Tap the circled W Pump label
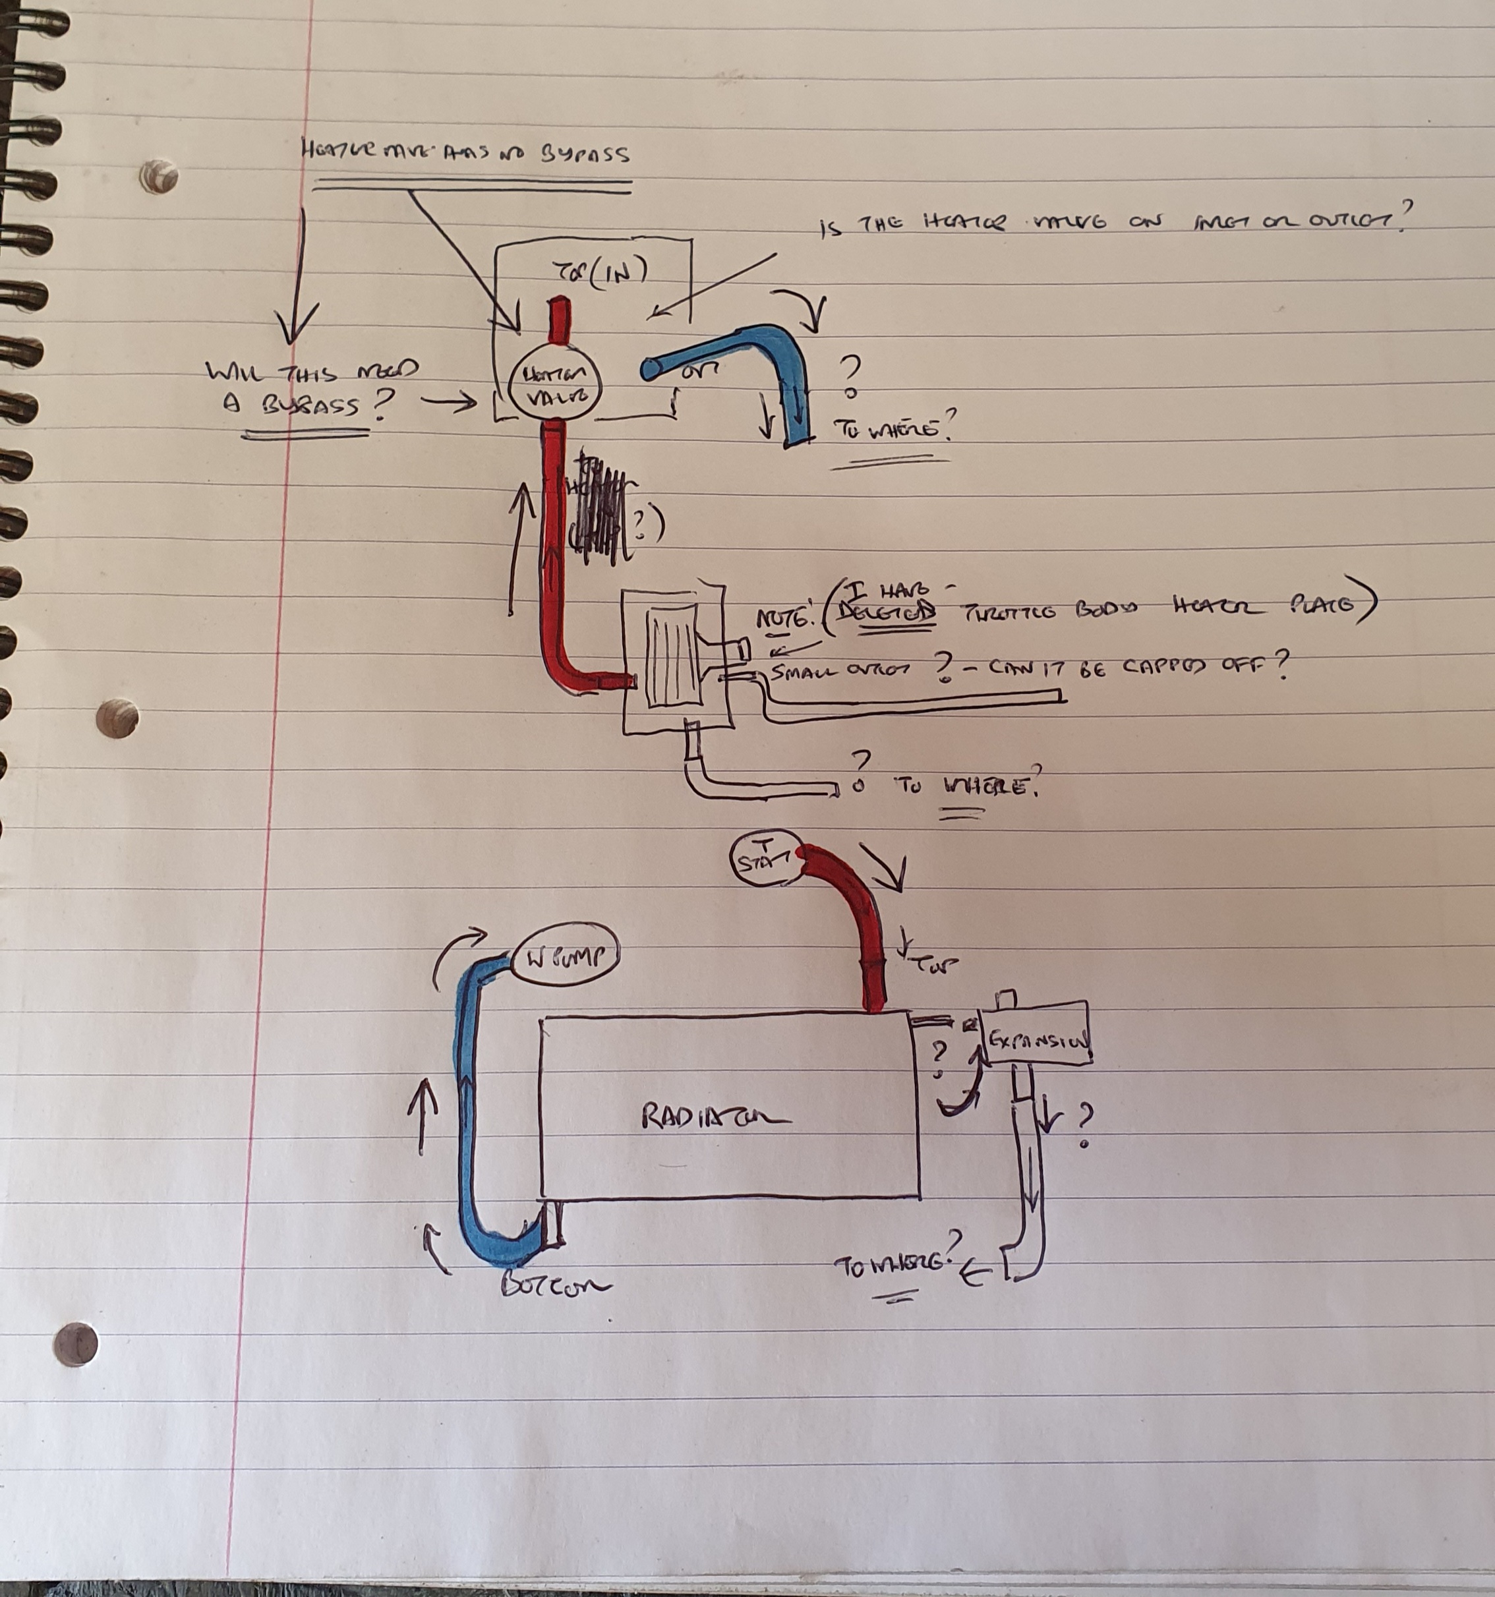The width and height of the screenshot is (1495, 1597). tap(566, 959)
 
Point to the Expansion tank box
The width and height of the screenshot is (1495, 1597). tap(1037, 1037)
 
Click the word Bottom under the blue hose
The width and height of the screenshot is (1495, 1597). tap(554, 1285)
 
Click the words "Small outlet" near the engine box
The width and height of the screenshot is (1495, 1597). tap(840, 672)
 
